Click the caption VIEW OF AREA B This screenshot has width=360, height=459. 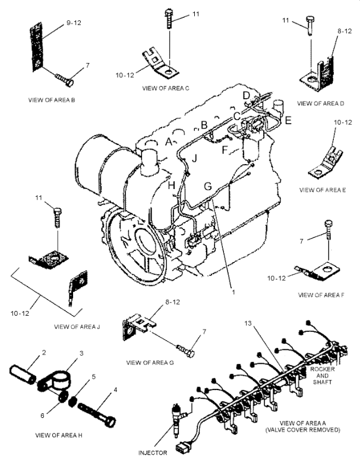pyautogui.click(x=52, y=100)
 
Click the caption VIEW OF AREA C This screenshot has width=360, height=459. pyautogui.click(x=166, y=88)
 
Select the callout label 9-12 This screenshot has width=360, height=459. pyautogui.click(x=74, y=23)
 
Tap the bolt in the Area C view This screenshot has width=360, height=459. pyautogui.click(x=169, y=19)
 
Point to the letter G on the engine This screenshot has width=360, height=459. pyautogui.click(x=208, y=186)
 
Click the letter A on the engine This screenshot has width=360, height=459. pyautogui.click(x=169, y=142)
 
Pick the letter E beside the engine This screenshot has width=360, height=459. pyautogui.click(x=288, y=120)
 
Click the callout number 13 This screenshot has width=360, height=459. pyautogui.click(x=248, y=323)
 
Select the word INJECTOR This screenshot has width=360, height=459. pyautogui.click(x=153, y=453)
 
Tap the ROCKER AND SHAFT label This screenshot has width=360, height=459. pyautogui.click(x=322, y=376)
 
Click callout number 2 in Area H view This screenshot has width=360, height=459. pyautogui.click(x=44, y=353)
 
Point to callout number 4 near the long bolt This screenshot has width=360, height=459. pyautogui.click(x=115, y=390)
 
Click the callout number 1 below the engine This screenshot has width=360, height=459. pyautogui.click(x=233, y=292)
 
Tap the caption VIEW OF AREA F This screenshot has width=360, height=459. pyautogui.click(x=321, y=295)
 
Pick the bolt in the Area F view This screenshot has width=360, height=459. pyautogui.click(x=328, y=230)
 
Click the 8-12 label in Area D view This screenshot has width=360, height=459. pyautogui.click(x=344, y=31)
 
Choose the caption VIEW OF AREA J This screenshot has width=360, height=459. pyautogui.click(x=77, y=326)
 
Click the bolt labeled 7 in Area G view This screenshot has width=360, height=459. pyautogui.click(x=186, y=351)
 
